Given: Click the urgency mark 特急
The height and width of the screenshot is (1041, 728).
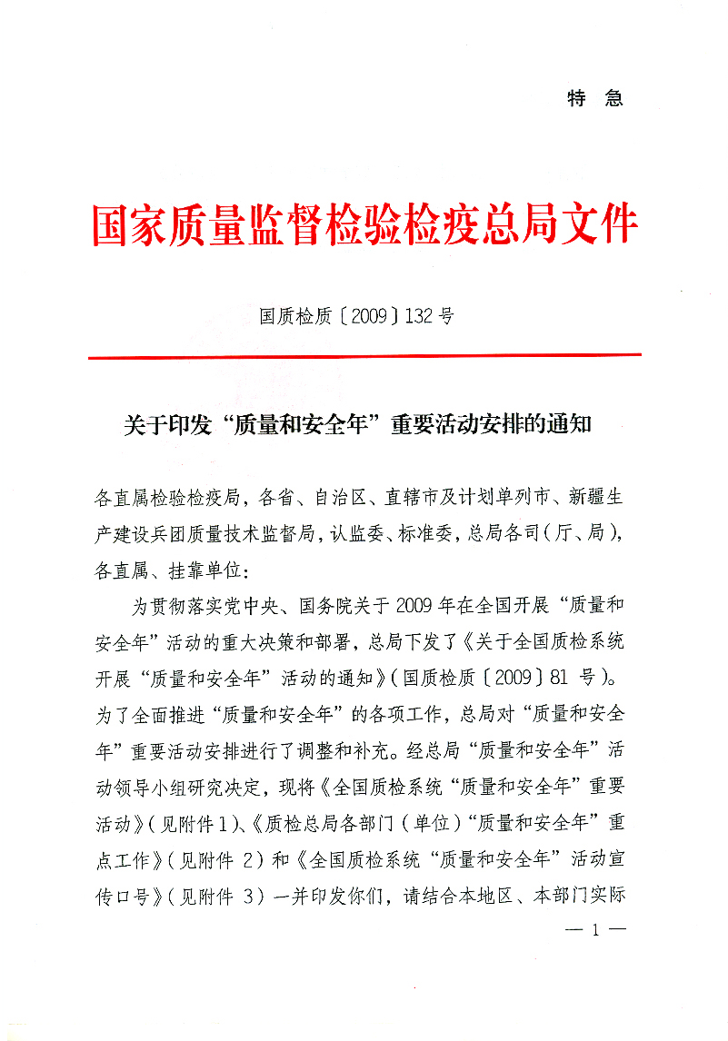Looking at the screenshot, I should click(x=595, y=99).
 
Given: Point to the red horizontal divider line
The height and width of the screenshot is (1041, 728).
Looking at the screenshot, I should click(x=364, y=356).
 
